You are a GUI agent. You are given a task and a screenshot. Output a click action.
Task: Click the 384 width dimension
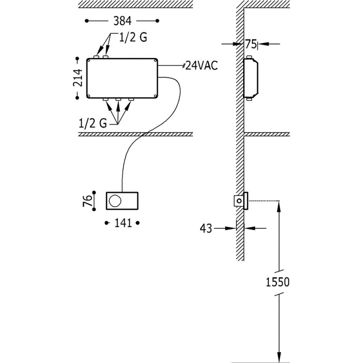click(x=122, y=21)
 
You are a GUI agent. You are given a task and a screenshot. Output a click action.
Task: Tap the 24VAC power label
click(x=201, y=65)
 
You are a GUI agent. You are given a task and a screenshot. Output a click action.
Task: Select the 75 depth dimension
click(x=250, y=44)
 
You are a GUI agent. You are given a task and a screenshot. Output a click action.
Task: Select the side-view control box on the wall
click(x=240, y=201)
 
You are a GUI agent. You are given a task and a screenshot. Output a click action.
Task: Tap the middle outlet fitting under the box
click(x=118, y=99)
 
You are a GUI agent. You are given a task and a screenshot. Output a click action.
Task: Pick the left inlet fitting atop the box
click(x=96, y=57)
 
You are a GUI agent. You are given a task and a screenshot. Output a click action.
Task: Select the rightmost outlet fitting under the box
click(x=132, y=99)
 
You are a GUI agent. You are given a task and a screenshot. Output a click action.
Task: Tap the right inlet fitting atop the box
click(x=106, y=57)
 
